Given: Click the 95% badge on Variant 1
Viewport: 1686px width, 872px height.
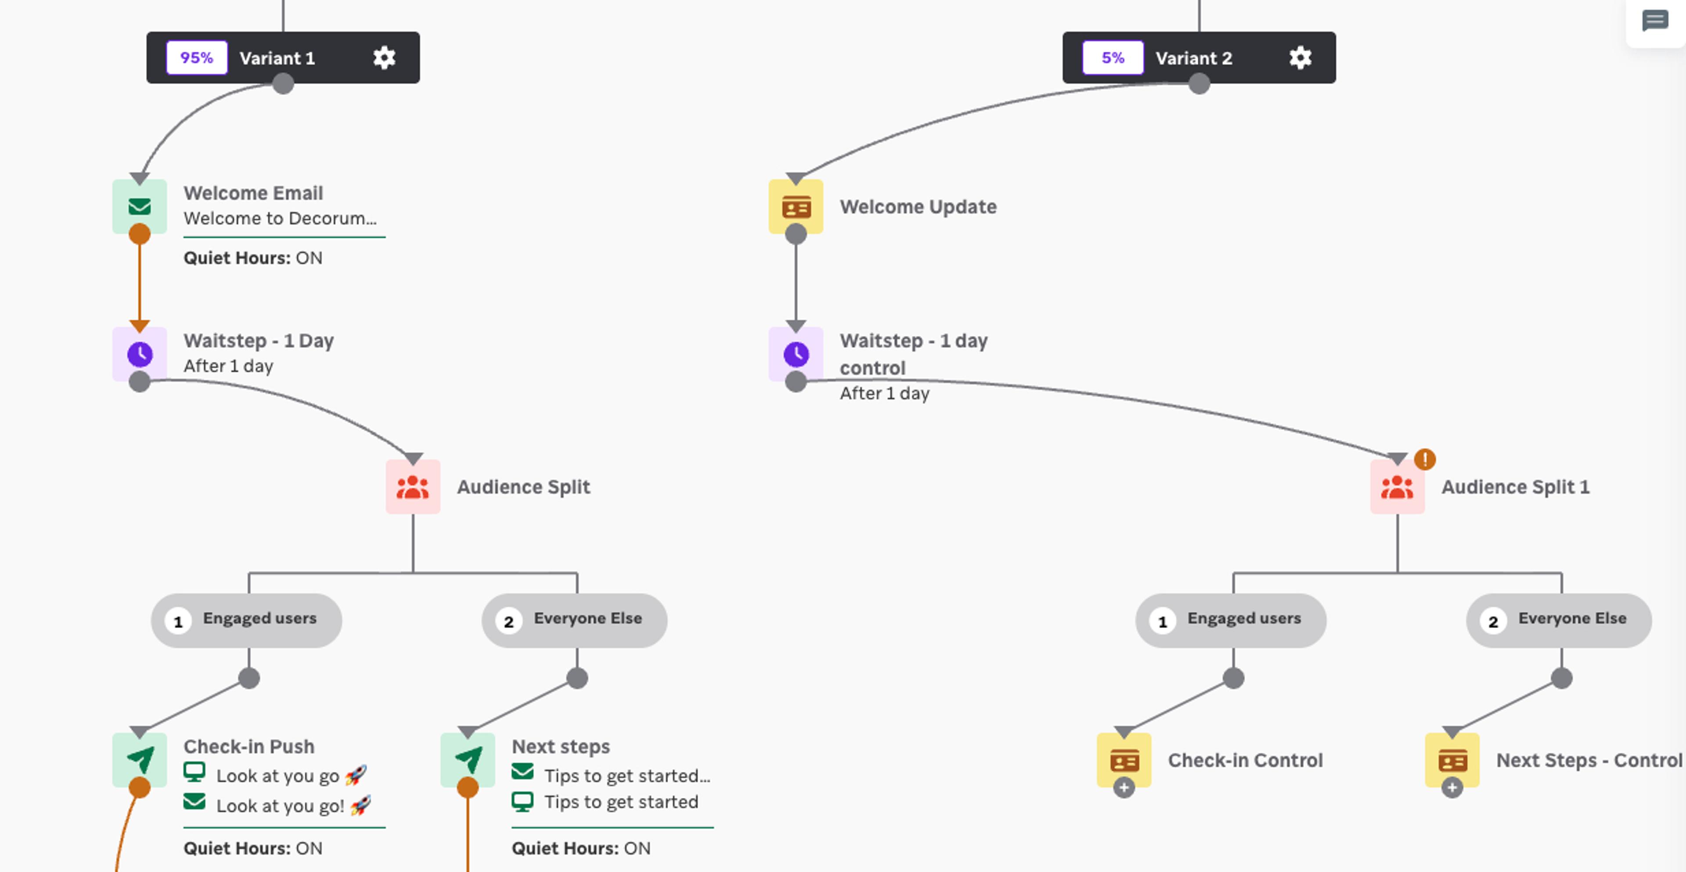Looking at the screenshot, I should pyautogui.click(x=196, y=57).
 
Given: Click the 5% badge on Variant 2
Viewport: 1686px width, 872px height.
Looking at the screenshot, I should pyautogui.click(x=1113, y=57).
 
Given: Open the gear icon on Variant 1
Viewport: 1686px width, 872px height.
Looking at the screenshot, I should pyautogui.click(x=384, y=57).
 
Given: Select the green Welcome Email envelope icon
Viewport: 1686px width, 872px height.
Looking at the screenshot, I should pyautogui.click(x=140, y=207).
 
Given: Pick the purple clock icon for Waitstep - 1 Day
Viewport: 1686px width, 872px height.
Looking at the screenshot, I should pyautogui.click(x=140, y=354).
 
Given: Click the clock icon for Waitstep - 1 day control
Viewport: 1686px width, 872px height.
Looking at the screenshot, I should pyautogui.click(x=796, y=354).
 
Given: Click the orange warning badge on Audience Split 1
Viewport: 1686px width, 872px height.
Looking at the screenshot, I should pyautogui.click(x=1425, y=459).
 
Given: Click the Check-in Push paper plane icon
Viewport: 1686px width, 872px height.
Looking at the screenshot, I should pyautogui.click(x=140, y=760).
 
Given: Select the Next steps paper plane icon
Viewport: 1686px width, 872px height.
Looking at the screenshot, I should pyautogui.click(x=467, y=760).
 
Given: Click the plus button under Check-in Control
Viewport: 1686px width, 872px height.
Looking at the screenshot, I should pyautogui.click(x=1124, y=788).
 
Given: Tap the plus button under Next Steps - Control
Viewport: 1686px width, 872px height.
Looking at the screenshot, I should pyautogui.click(x=1452, y=788).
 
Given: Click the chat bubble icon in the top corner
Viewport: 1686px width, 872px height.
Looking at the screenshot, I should pyautogui.click(x=1654, y=21).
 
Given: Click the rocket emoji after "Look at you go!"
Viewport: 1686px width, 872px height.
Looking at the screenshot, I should pyautogui.click(x=360, y=805).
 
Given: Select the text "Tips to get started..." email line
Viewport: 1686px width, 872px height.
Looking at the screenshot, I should pyautogui.click(x=627, y=776).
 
